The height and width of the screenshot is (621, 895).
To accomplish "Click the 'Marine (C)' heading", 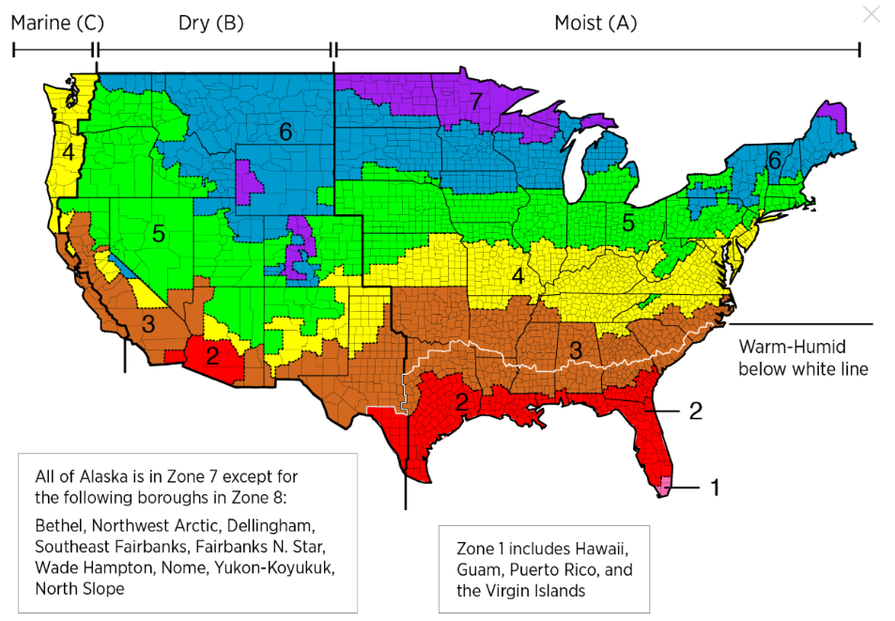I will click(x=57, y=23).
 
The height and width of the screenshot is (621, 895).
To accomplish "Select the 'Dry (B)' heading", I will click(x=210, y=23).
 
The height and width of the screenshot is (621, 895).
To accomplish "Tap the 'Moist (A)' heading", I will click(x=595, y=23).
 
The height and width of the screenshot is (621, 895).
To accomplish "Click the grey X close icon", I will click(x=872, y=14).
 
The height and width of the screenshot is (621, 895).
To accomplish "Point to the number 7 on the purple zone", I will click(x=476, y=101).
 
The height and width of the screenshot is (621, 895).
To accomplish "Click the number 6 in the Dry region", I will click(x=285, y=132).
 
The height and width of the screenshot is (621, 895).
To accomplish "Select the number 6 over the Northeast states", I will click(x=774, y=161).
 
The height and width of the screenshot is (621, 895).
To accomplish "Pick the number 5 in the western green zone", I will click(x=159, y=233).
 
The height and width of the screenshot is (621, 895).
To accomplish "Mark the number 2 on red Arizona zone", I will click(x=212, y=356).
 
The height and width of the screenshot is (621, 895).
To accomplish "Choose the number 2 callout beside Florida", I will click(x=695, y=411).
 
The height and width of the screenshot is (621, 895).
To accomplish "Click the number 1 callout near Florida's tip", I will click(x=715, y=487).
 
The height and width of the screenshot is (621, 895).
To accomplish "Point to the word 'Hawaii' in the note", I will click(x=596, y=548).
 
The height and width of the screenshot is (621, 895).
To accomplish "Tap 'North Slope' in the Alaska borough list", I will click(x=80, y=588).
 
